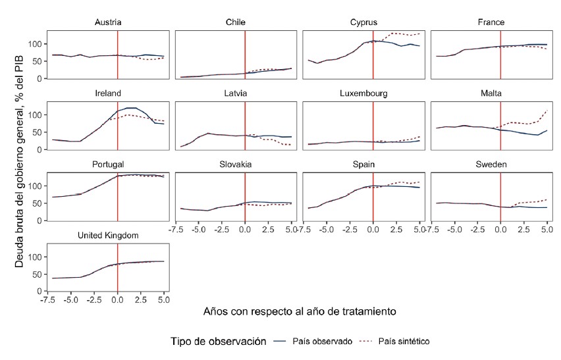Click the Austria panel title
pyautogui.click(x=108, y=22)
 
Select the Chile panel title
pyautogui.click(x=236, y=22)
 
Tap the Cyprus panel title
pyautogui.click(x=363, y=22)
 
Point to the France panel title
pyautogui.click(x=491, y=22)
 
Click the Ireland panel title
pyautogui.click(x=108, y=93)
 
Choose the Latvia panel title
pyautogui.click(x=236, y=93)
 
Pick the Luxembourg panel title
pyautogui.click(x=363, y=93)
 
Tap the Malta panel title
pyautogui.click(x=491, y=93)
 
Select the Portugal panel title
pyautogui.click(x=108, y=164)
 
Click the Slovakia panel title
pyautogui.click(x=236, y=164)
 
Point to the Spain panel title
pyautogui.click(x=363, y=164)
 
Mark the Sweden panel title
pyautogui.click(x=491, y=164)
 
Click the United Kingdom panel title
pyautogui.click(x=108, y=235)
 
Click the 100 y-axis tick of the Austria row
pyautogui.click(x=39, y=44)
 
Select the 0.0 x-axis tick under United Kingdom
pyautogui.click(x=117, y=299)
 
